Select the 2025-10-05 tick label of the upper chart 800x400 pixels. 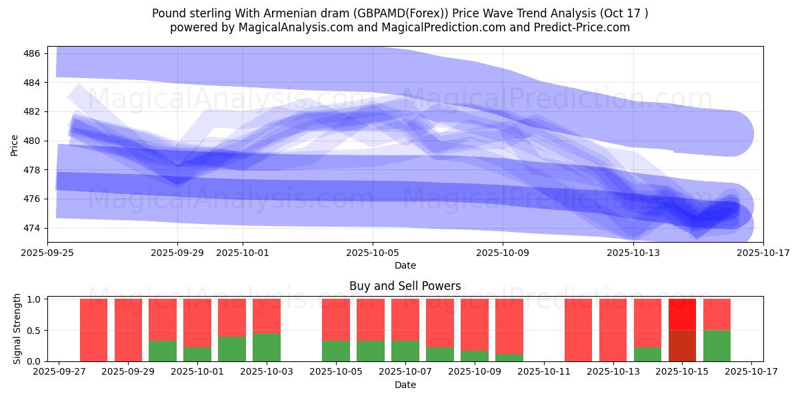(373, 253)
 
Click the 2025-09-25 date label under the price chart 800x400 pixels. (48, 253)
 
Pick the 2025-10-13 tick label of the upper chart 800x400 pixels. (633, 253)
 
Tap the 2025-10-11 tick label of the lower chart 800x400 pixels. (544, 372)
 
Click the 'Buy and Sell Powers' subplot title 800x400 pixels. (405, 286)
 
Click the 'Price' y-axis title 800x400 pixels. (15, 144)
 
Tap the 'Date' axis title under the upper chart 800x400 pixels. (405, 265)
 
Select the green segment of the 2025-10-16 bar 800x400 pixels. (717, 345)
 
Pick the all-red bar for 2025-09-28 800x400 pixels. (93, 330)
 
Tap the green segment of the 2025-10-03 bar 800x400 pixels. (267, 347)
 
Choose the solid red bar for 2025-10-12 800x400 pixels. (579, 330)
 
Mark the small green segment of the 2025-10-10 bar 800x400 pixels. (509, 357)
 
